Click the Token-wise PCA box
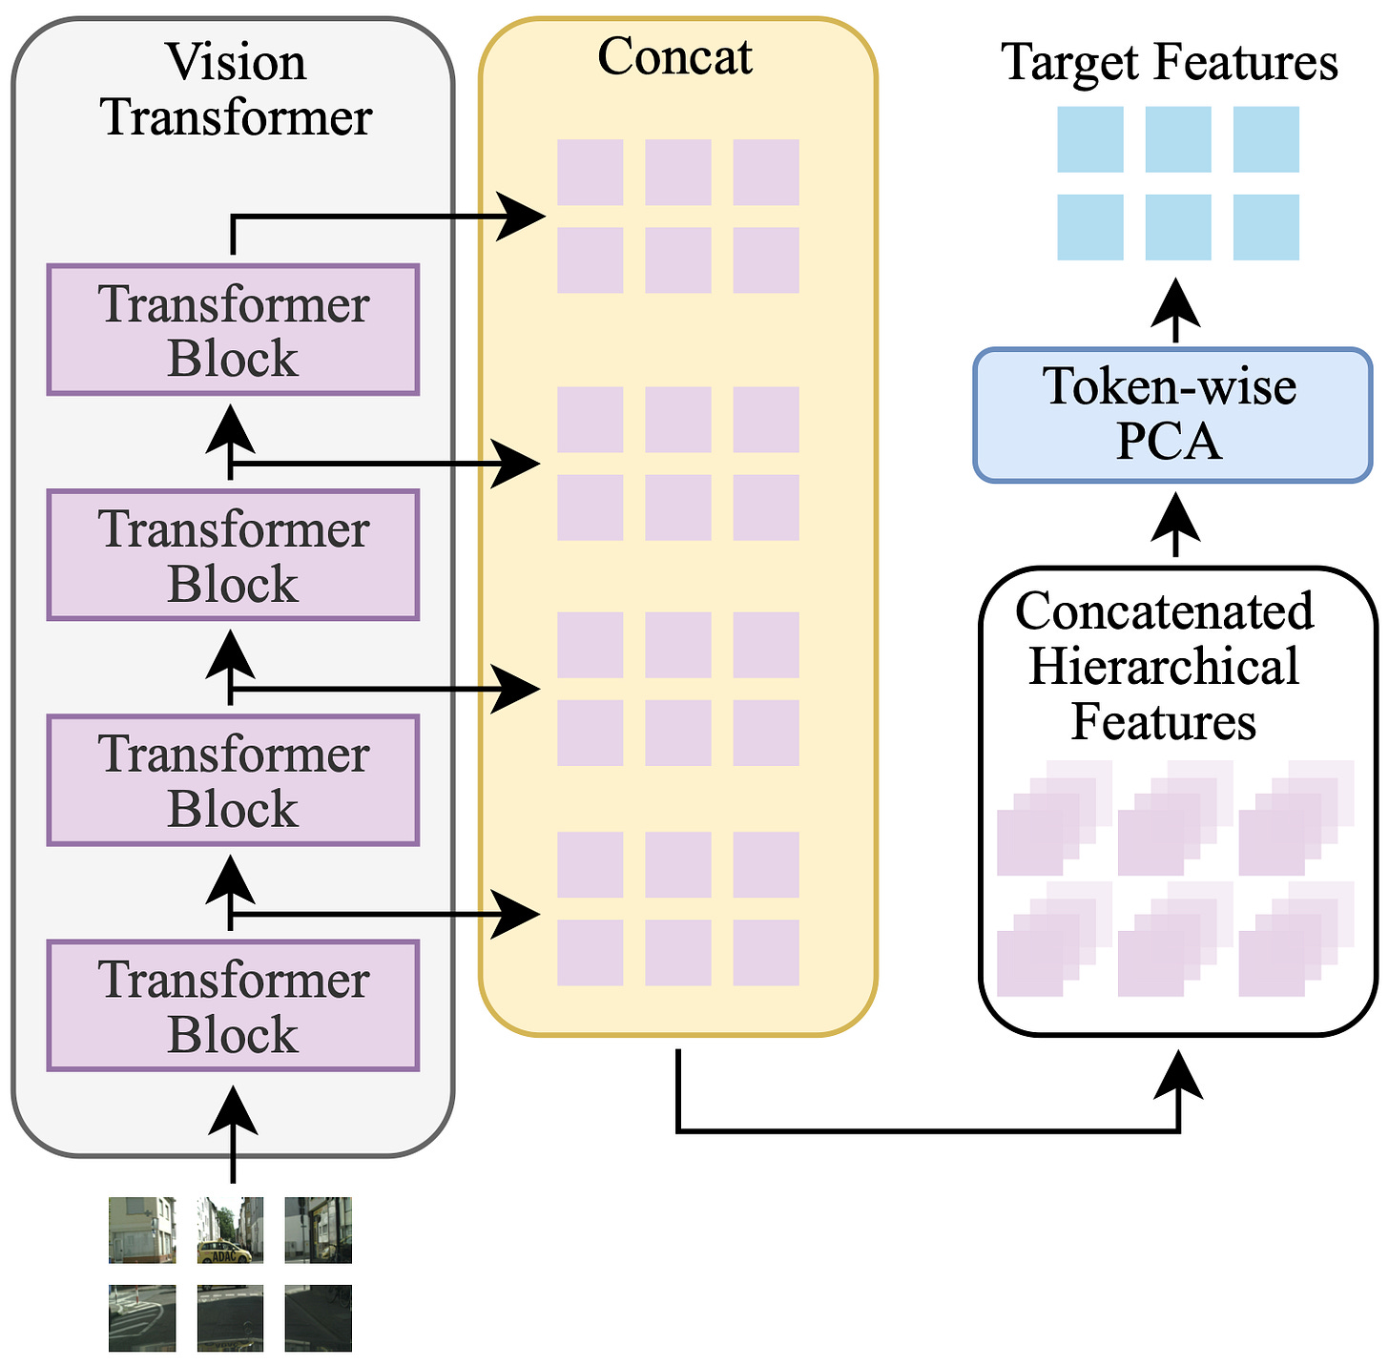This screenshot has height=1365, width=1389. (x=1172, y=415)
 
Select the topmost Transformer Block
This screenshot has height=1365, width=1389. (x=233, y=330)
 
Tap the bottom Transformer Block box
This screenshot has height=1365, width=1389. (x=233, y=1005)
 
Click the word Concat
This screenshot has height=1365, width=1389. (x=674, y=56)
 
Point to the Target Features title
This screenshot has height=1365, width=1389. (x=1170, y=63)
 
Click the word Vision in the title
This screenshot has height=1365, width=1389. (x=237, y=63)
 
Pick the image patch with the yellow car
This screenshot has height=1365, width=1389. (x=230, y=1231)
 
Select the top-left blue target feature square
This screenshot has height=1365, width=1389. (x=1090, y=139)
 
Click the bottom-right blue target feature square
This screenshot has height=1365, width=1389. (x=1266, y=227)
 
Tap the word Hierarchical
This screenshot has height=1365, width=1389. (x=1164, y=666)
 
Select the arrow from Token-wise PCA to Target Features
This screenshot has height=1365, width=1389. (x=1175, y=310)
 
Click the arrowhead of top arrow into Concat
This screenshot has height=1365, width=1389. (x=523, y=217)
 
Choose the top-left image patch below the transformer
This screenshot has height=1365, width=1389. (x=142, y=1231)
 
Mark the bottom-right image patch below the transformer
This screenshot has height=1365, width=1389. (x=318, y=1318)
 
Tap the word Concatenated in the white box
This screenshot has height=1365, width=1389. (x=1164, y=611)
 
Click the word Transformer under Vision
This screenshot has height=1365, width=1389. (x=237, y=118)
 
